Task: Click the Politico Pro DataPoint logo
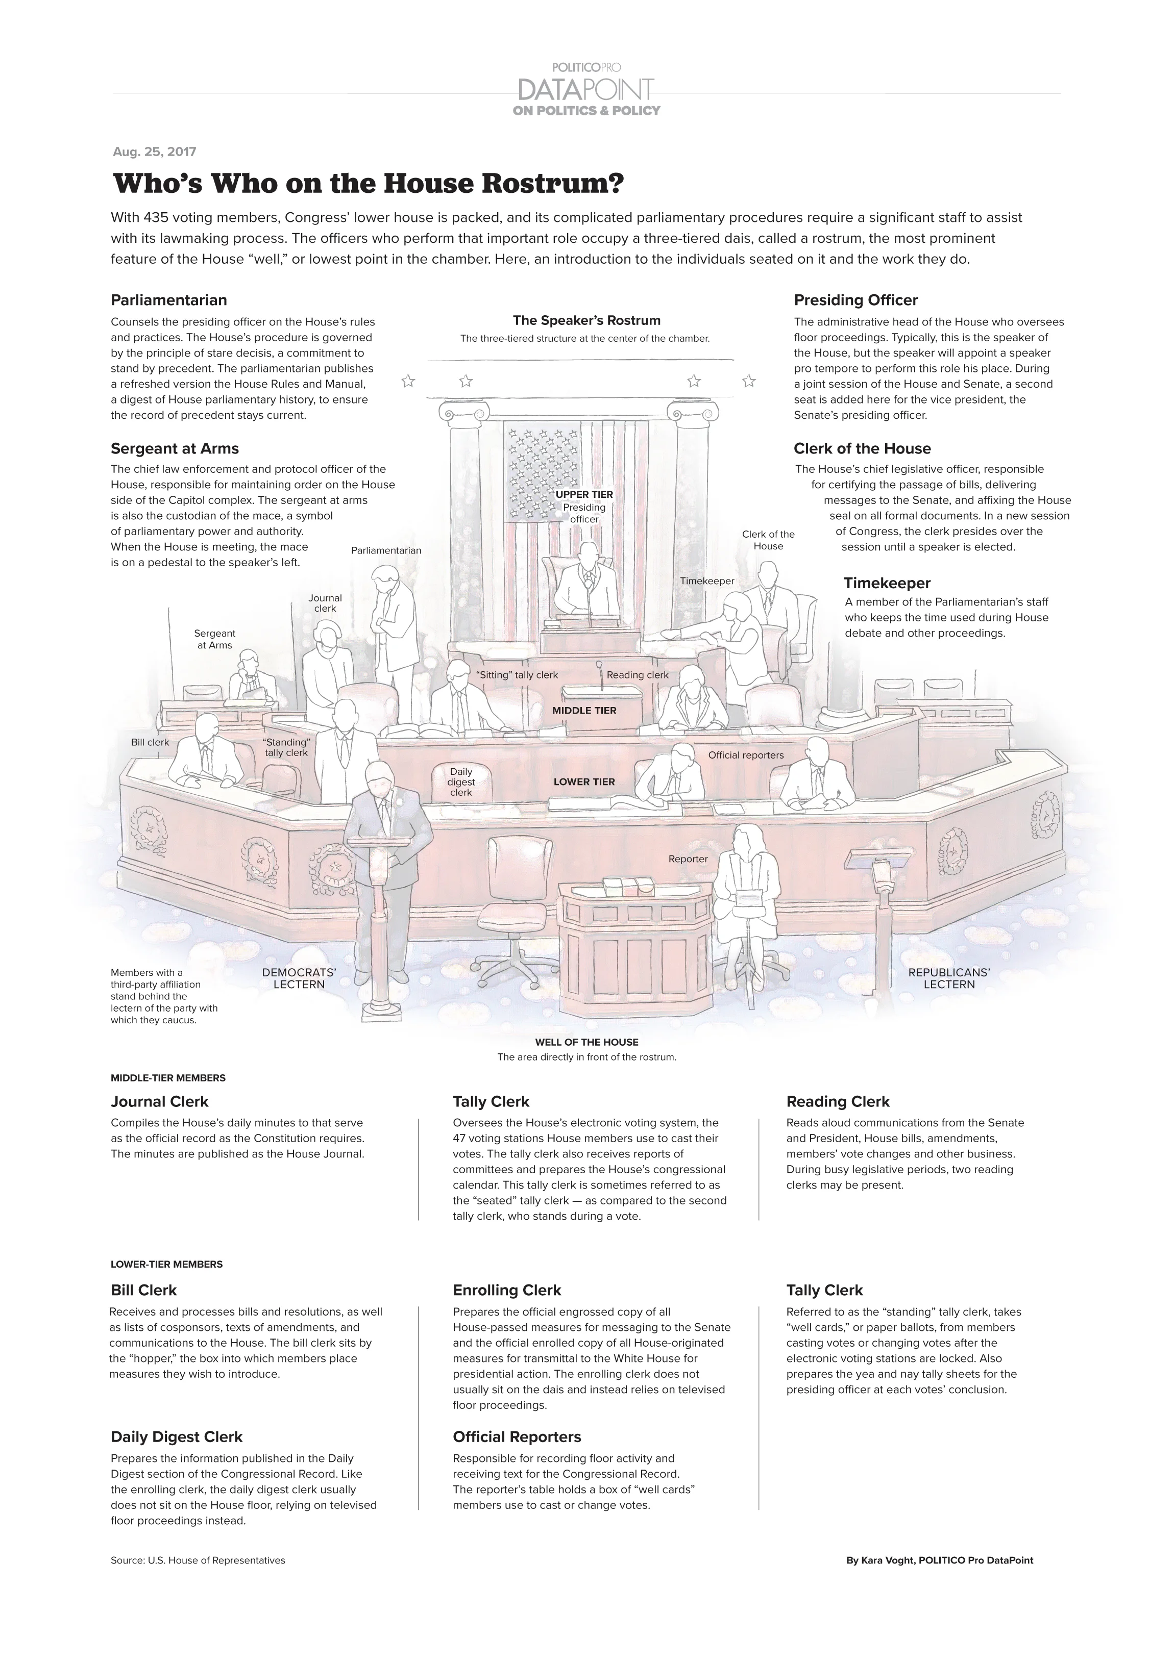[586, 90]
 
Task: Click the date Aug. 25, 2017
[155, 152]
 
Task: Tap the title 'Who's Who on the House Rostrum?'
[368, 184]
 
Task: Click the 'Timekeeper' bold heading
[887, 583]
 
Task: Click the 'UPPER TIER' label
[584, 495]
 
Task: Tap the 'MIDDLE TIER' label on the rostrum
[584, 711]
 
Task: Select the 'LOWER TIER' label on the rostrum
[584, 781]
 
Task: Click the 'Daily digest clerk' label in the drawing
[461, 781]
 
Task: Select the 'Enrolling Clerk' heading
[506, 1290]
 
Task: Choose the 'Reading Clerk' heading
[837, 1101]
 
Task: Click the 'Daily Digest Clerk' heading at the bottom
[176, 1436]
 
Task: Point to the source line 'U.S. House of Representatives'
[198, 1560]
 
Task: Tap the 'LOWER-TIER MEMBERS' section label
[166, 1264]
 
